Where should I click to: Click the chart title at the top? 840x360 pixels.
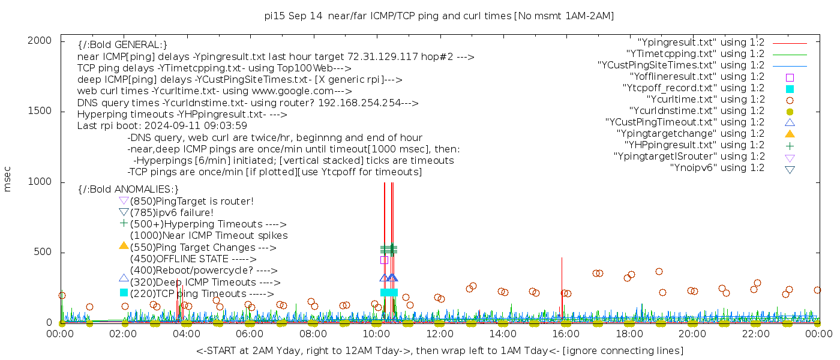pyautogui.click(x=439, y=16)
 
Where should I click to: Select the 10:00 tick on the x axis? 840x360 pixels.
pyautogui.click(x=376, y=333)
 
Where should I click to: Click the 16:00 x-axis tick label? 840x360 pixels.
pyautogui.click(x=566, y=333)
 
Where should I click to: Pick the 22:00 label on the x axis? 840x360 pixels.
pyautogui.click(x=755, y=333)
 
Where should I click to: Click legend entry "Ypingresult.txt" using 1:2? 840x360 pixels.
pyautogui.click(x=701, y=43)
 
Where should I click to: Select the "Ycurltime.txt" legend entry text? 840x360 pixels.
pyautogui.click(x=705, y=100)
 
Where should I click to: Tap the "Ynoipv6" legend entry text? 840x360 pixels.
pyautogui.click(x=717, y=168)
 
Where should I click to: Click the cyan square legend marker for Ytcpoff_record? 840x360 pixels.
pyautogui.click(x=790, y=89)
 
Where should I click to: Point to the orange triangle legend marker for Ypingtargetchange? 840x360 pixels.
pyautogui.click(x=790, y=133)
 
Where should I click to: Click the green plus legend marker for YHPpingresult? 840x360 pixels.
pyautogui.click(x=790, y=146)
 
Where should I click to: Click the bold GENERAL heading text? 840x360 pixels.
pyautogui.click(x=122, y=45)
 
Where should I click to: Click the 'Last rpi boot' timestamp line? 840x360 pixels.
pyautogui.click(x=162, y=126)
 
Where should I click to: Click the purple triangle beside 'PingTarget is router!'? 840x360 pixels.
pyautogui.click(x=124, y=201)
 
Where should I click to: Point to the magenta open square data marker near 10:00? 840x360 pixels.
pyautogui.click(x=384, y=260)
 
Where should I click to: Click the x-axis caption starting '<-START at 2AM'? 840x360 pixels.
pyautogui.click(x=439, y=350)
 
